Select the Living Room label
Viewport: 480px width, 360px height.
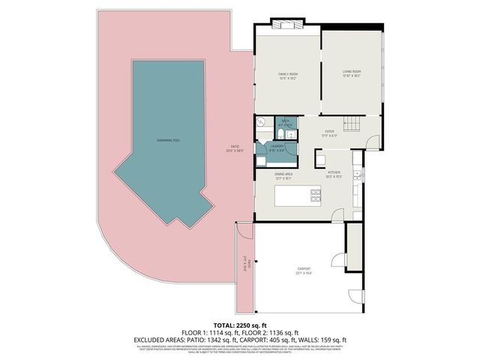352,74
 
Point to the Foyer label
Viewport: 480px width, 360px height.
330,134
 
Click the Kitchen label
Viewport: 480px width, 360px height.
334,176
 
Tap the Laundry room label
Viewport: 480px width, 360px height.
277,148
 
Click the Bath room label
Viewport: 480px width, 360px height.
286,122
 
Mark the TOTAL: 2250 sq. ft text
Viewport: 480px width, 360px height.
240,325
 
